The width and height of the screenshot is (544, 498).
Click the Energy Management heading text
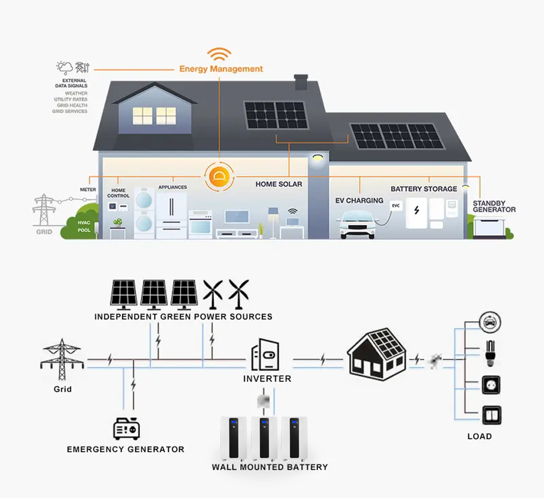(221, 69)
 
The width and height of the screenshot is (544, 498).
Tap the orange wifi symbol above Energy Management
(219, 55)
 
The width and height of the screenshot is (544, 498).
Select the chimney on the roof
(301, 81)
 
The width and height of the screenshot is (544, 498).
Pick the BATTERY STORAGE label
(424, 188)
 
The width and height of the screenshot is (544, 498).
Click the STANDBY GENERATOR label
(494, 206)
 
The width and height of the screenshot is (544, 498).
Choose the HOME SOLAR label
(279, 184)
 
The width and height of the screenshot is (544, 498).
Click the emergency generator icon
(126, 428)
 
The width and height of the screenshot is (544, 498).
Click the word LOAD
(479, 436)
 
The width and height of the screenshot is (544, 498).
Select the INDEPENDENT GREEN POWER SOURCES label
(183, 316)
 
